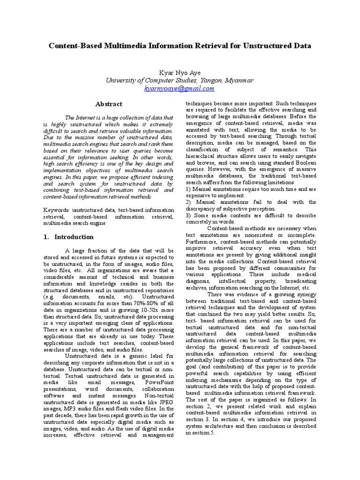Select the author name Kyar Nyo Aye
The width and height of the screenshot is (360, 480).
[180, 72]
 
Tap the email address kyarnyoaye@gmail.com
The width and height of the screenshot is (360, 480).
[180, 88]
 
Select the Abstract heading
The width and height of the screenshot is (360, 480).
[109, 104]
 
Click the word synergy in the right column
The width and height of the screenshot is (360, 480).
[305, 294]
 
